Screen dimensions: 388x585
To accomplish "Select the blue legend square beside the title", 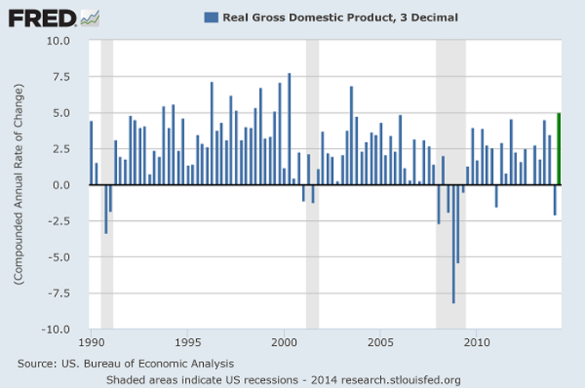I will [x=210, y=16].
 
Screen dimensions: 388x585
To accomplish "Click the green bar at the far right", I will [x=559, y=149].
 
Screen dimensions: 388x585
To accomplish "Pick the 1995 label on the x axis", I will [x=187, y=342].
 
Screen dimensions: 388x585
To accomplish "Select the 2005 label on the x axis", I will [x=380, y=342].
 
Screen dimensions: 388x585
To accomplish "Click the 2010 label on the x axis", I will [x=477, y=342].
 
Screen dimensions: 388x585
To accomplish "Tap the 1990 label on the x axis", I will [x=89, y=342].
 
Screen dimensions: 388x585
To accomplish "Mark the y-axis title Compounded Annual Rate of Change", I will [x=18, y=185].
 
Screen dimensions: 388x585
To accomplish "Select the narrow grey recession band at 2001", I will [x=312, y=185].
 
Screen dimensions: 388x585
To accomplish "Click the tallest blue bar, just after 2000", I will [x=289, y=129].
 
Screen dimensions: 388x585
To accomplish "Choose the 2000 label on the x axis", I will [x=284, y=342].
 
